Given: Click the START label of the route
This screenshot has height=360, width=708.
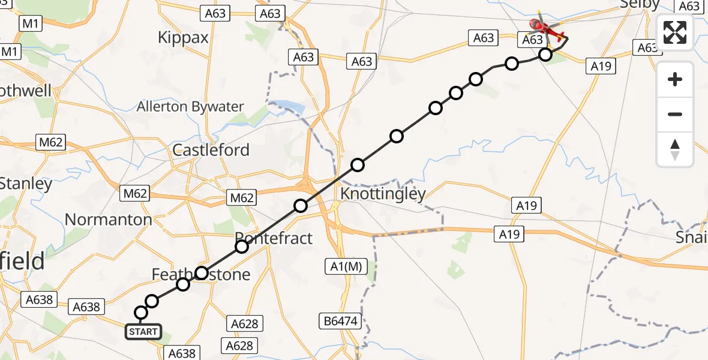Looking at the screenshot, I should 143,331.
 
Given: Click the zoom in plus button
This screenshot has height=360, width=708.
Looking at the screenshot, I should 675,80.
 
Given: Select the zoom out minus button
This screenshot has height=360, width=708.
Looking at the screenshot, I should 675,114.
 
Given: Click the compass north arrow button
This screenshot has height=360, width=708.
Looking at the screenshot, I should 675,149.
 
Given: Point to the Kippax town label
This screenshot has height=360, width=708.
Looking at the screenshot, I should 183,37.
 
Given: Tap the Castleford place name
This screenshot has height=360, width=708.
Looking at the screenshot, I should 211,149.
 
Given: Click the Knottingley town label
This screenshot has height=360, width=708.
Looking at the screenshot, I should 383,194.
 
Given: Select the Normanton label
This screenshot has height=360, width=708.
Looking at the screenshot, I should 108,220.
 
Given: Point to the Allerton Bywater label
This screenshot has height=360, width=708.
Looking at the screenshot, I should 190,107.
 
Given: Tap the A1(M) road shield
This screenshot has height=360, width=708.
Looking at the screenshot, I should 346,267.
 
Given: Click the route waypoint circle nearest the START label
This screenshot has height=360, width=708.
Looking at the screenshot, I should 141,313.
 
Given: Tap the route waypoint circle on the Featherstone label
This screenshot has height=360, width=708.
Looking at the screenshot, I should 202,274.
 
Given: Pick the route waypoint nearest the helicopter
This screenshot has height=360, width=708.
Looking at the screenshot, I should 545,55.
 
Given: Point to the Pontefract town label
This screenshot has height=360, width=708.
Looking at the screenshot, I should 274,238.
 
